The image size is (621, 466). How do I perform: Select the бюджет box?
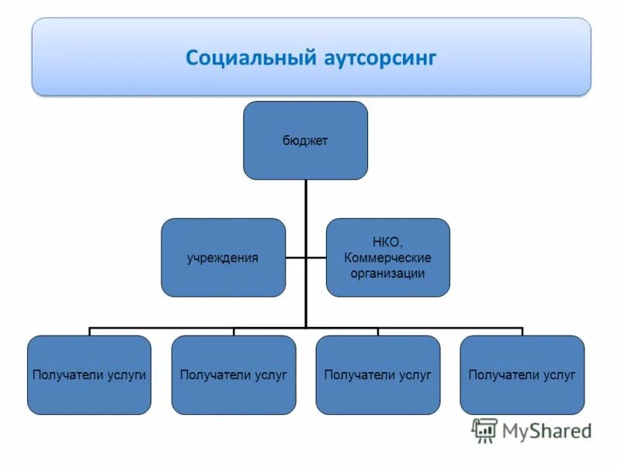coord(305,141)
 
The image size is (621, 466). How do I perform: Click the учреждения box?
coord(223,257)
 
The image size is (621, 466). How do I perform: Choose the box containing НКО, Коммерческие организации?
coord(387,257)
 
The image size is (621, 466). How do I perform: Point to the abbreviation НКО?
coord(387,243)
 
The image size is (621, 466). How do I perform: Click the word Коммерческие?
coord(387,258)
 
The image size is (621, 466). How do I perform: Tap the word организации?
coord(387,273)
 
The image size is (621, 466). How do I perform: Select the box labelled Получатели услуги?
coord(89,374)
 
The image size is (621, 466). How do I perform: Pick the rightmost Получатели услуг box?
coord(522,374)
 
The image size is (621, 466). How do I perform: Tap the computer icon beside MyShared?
coord(484,430)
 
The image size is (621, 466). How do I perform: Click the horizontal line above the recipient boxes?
coord(194,327)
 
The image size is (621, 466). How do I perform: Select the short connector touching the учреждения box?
coord(295,257)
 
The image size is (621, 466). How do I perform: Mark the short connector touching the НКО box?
coord(316,257)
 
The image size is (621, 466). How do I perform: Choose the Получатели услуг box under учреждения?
coord(234,374)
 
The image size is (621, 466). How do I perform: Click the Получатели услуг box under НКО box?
coord(377,374)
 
